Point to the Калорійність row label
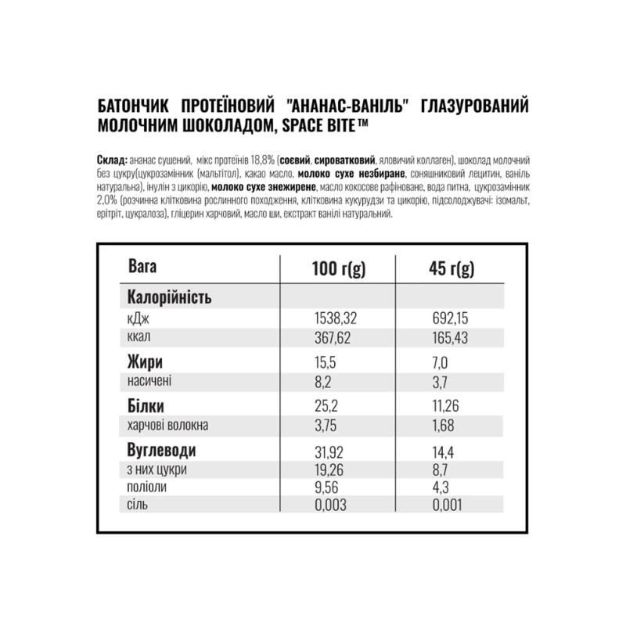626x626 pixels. coord(169,298)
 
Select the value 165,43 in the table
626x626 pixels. coord(453,336)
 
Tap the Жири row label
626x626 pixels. coord(145,362)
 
